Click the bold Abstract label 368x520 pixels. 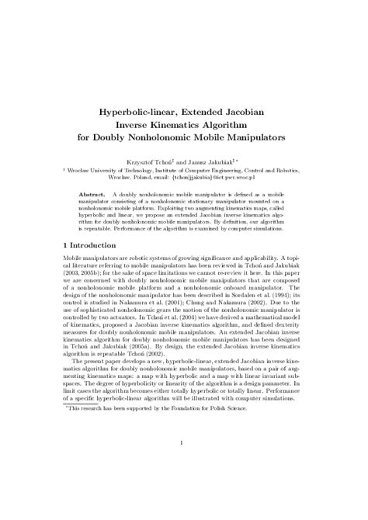point(91,189)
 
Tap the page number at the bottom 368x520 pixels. point(180,466)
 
